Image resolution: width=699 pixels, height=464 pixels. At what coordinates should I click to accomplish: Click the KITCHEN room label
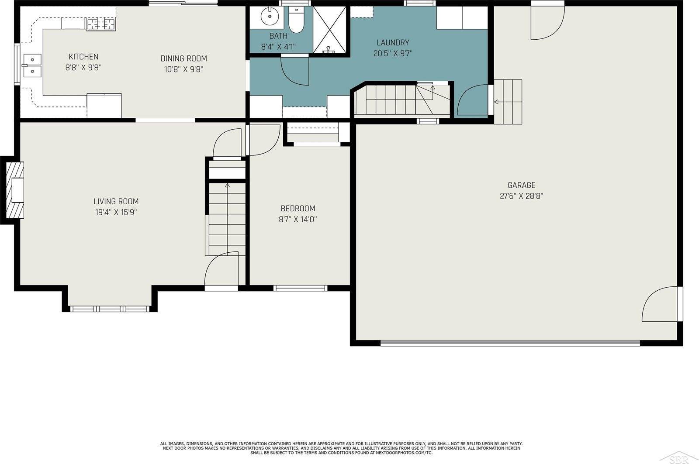pyautogui.click(x=83, y=57)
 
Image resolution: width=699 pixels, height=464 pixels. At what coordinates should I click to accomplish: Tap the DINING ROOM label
pyautogui.click(x=184, y=58)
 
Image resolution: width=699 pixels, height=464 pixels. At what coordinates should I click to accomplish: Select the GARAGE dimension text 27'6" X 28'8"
pyautogui.click(x=522, y=196)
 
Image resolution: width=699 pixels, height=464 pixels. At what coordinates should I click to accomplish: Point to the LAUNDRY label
pyautogui.click(x=393, y=43)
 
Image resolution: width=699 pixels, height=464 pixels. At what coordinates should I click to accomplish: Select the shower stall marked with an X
pyautogui.click(x=329, y=30)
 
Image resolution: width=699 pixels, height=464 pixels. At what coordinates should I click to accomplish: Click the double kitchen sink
pyautogui.click(x=32, y=65)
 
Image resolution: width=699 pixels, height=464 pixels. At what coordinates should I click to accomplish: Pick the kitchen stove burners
pyautogui.click(x=100, y=24)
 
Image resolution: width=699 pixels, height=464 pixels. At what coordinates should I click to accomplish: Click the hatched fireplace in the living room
pyautogui.click(x=15, y=190)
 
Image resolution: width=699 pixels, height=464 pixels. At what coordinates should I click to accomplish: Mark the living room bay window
pyautogui.click(x=110, y=309)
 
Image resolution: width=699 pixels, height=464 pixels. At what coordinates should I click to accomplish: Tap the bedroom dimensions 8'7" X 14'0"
pyautogui.click(x=298, y=220)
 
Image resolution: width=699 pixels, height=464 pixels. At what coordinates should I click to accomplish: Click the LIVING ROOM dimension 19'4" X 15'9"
pyautogui.click(x=116, y=212)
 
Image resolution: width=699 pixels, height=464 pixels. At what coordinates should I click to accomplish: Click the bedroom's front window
pyautogui.click(x=301, y=288)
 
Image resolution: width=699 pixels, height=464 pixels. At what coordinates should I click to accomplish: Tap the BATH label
pyautogui.click(x=278, y=36)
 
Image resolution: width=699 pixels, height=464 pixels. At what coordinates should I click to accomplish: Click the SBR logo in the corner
pyautogui.click(x=679, y=459)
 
